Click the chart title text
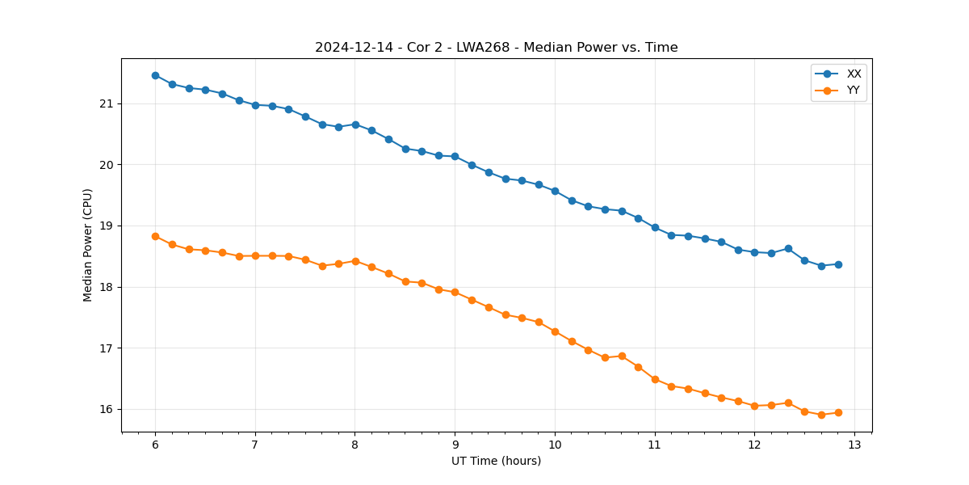tap(496, 48)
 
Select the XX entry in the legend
tap(854, 74)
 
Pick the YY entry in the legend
tap(853, 91)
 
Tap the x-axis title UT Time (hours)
tap(496, 461)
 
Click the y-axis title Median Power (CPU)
tap(88, 245)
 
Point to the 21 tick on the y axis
tap(107, 103)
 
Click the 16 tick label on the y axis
tap(107, 409)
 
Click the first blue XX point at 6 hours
tap(155, 75)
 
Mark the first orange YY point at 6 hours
tap(155, 236)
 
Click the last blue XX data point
tap(838, 264)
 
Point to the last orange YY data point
tap(838, 412)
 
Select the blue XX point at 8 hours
tap(355, 124)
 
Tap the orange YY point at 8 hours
tap(355, 261)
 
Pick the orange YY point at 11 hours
tap(655, 379)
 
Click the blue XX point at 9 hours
tap(455, 156)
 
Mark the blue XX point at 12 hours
tap(754, 252)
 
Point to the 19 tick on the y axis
tap(107, 226)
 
